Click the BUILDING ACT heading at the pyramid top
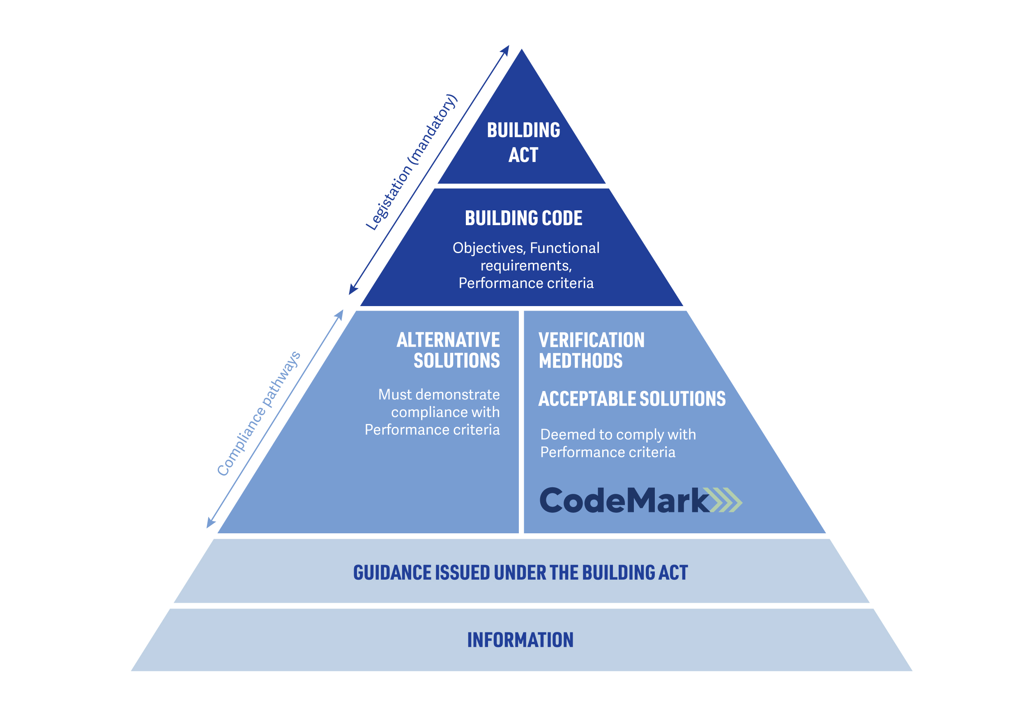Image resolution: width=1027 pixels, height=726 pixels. coord(523,142)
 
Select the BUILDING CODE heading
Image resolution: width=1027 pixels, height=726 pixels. coord(523,218)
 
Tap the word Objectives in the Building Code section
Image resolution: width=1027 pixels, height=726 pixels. coord(488,248)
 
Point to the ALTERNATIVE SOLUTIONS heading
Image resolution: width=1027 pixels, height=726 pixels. coord(448,350)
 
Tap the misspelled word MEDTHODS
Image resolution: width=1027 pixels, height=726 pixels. coord(580,361)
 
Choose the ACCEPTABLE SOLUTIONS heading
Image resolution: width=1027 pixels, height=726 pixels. coord(631,399)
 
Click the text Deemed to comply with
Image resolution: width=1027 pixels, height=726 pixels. coord(618,434)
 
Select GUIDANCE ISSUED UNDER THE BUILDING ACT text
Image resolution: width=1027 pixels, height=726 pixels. coord(520,573)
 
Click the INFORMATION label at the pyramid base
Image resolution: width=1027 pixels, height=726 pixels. coord(520,640)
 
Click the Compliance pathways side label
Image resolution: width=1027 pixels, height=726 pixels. coord(258,414)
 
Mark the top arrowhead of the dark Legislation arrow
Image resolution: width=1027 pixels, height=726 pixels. coord(506,49)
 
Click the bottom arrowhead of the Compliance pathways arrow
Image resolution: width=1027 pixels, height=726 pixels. coord(210,523)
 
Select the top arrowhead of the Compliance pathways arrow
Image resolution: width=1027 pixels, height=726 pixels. coord(340,314)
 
